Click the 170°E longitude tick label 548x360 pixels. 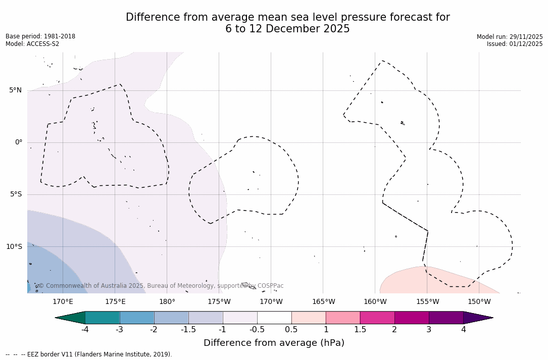(x=63, y=302)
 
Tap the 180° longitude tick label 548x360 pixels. (x=167, y=302)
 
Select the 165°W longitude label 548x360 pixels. (x=323, y=302)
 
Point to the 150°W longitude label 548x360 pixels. (x=479, y=302)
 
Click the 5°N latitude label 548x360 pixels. (x=15, y=90)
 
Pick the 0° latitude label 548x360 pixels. (x=19, y=142)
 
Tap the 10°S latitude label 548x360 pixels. (x=14, y=247)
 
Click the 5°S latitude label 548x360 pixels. (x=16, y=194)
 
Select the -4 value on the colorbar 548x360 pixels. (x=85, y=330)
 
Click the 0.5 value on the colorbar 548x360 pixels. (x=291, y=330)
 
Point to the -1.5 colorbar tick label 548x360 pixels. (x=188, y=330)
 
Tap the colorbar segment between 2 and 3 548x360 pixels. (x=412, y=318)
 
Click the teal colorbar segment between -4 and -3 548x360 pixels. (x=103, y=318)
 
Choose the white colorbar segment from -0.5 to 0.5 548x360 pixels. (x=274, y=318)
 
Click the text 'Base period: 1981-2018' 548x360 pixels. (x=40, y=36)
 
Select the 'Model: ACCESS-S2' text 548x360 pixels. (x=32, y=44)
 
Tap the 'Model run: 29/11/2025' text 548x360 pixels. (x=510, y=37)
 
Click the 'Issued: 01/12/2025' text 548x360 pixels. (x=515, y=44)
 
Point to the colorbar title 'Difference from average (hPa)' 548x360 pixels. (x=274, y=343)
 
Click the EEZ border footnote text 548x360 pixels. (x=89, y=354)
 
